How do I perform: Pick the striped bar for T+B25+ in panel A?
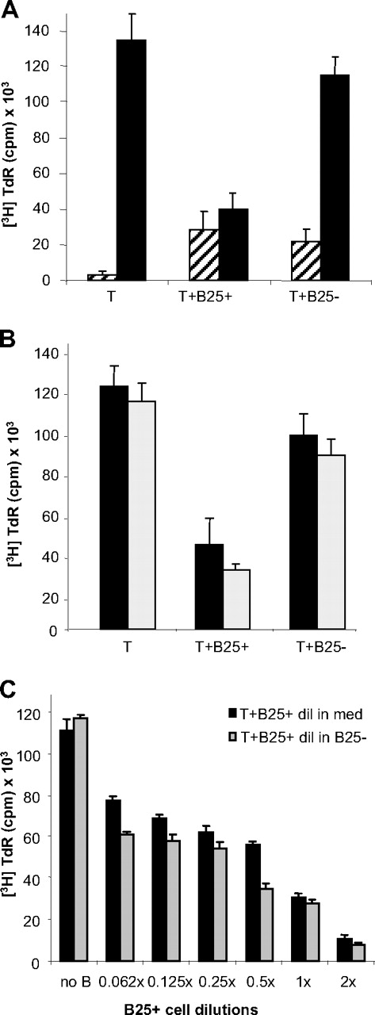point(203,254)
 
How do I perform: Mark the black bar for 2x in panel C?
point(343,949)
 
